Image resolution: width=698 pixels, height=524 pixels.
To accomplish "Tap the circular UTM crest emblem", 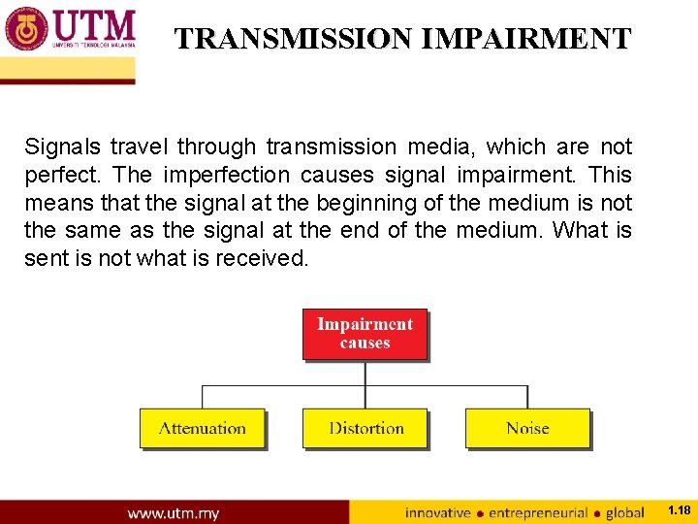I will coord(26,29).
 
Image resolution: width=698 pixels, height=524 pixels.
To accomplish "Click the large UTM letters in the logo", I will coord(95,24).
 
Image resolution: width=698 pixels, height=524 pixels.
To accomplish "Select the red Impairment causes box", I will coord(365,334).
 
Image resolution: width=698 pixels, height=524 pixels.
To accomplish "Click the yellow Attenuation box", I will coord(202,428).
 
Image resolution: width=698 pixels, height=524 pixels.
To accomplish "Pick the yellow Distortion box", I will coord(365,428).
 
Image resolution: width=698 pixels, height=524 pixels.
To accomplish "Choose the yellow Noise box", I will coord(527,428).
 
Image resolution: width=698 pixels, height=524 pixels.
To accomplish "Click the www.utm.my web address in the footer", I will coord(174,512).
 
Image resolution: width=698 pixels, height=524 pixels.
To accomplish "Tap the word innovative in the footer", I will coord(437,512).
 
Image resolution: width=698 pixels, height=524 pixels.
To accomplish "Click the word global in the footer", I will coord(624,512).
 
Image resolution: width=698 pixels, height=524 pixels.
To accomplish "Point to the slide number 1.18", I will coord(679,510).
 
